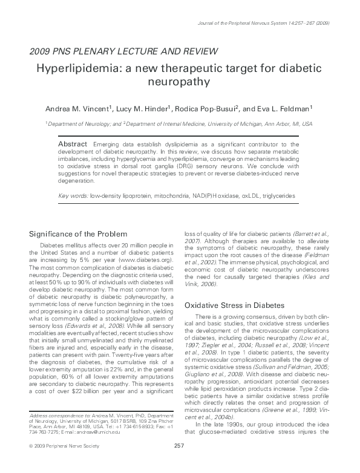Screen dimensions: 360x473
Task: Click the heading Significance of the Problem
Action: click(x=79, y=234)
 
